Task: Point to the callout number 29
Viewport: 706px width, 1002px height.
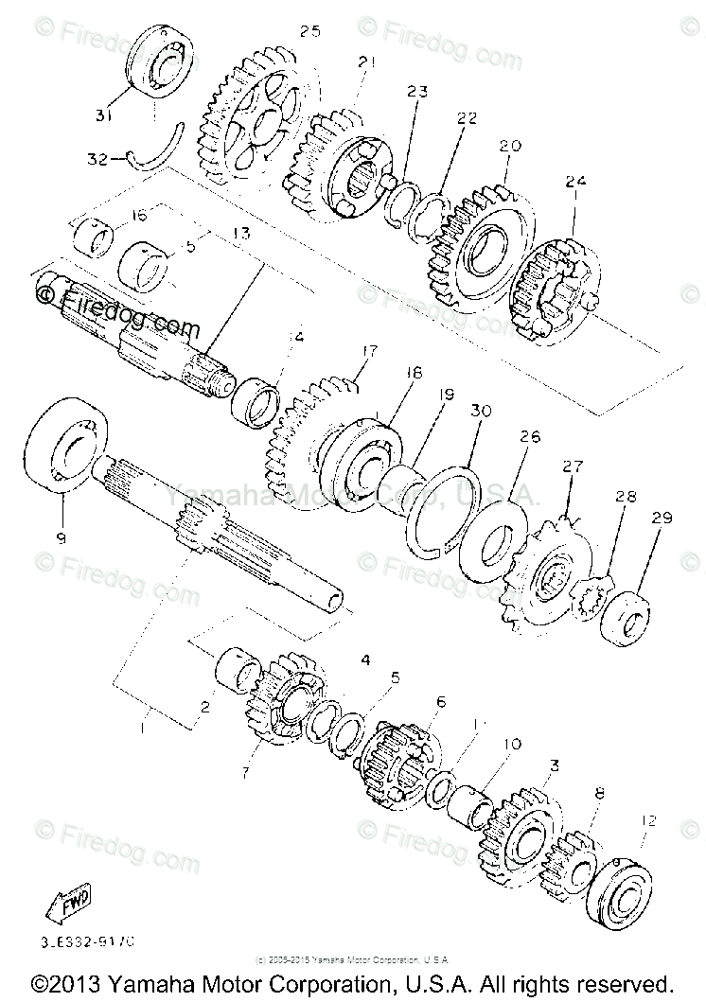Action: click(661, 519)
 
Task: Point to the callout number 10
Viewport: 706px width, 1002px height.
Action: click(512, 744)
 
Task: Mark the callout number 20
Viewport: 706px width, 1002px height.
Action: click(511, 147)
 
